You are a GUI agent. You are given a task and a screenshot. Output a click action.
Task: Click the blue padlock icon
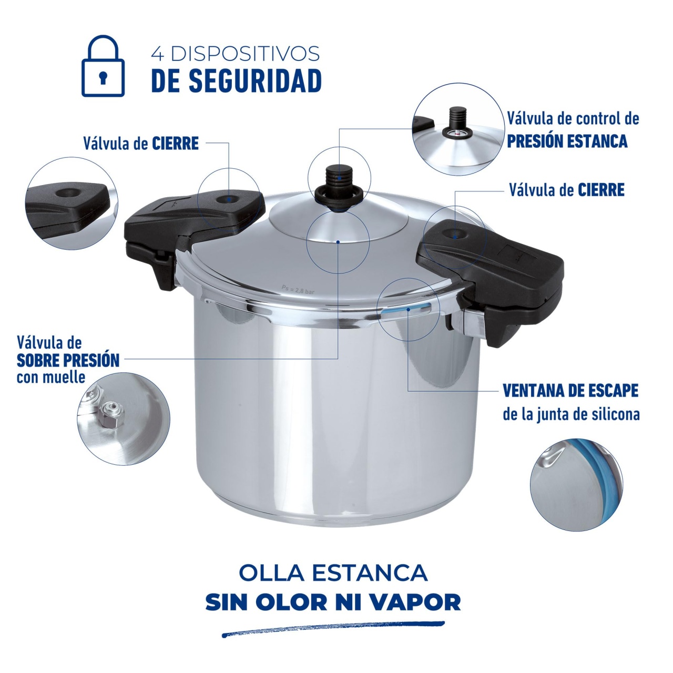[x=103, y=66]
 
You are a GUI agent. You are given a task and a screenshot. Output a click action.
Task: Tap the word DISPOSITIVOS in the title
[x=245, y=54]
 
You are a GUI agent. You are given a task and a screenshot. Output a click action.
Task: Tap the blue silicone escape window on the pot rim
[x=406, y=310]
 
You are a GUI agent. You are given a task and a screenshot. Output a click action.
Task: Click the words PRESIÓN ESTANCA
[x=567, y=141]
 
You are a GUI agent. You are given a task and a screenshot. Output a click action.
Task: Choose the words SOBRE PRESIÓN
[x=68, y=361]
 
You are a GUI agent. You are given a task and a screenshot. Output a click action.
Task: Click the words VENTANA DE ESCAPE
[x=570, y=391]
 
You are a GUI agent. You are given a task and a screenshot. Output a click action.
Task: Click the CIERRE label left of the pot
[x=175, y=143]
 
